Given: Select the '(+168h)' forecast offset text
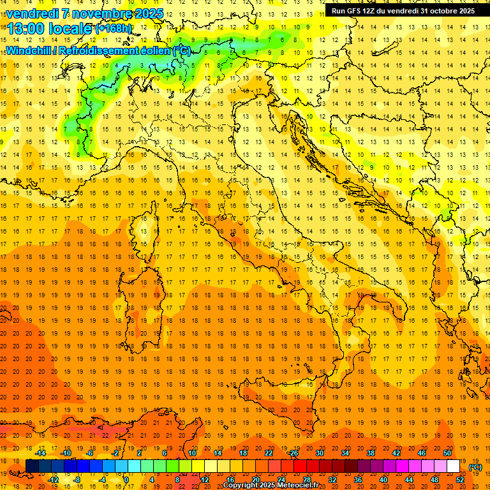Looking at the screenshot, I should click(113, 28).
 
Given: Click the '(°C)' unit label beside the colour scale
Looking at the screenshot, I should click(476, 467).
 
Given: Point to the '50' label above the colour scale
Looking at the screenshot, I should click(447, 453).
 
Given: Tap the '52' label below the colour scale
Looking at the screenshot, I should click(460, 480).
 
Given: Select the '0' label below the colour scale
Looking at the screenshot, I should click(127, 480).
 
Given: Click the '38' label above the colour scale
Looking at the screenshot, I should click(371, 453).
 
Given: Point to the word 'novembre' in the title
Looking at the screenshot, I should click(101, 13).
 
